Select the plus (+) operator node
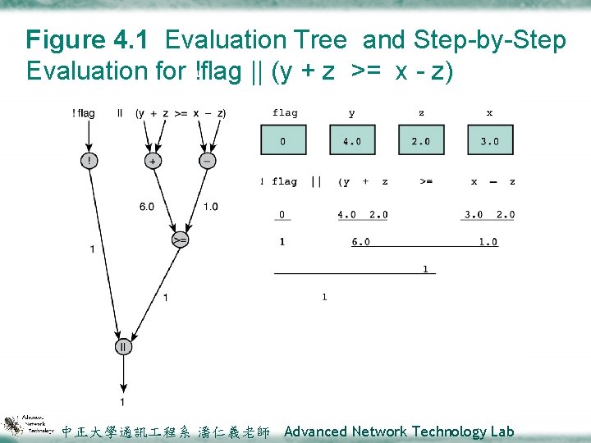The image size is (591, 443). (x=153, y=161)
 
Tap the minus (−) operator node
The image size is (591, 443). (x=207, y=161)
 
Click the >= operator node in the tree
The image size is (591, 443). (x=180, y=240)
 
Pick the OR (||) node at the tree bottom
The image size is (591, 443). (x=123, y=346)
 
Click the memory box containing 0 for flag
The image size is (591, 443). (x=283, y=140)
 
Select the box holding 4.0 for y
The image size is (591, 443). (x=352, y=140)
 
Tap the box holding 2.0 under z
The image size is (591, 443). (x=421, y=140)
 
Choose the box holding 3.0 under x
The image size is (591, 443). (x=490, y=140)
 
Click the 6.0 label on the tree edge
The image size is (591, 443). (x=146, y=207)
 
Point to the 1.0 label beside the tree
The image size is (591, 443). (x=211, y=207)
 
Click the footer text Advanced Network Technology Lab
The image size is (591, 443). (x=398, y=432)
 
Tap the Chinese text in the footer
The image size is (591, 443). (x=166, y=432)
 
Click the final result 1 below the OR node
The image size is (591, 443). (x=122, y=402)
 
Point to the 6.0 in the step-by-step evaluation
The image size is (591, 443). (x=361, y=242)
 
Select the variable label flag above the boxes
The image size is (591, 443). (x=285, y=113)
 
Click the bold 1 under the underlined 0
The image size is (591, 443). (x=282, y=242)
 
